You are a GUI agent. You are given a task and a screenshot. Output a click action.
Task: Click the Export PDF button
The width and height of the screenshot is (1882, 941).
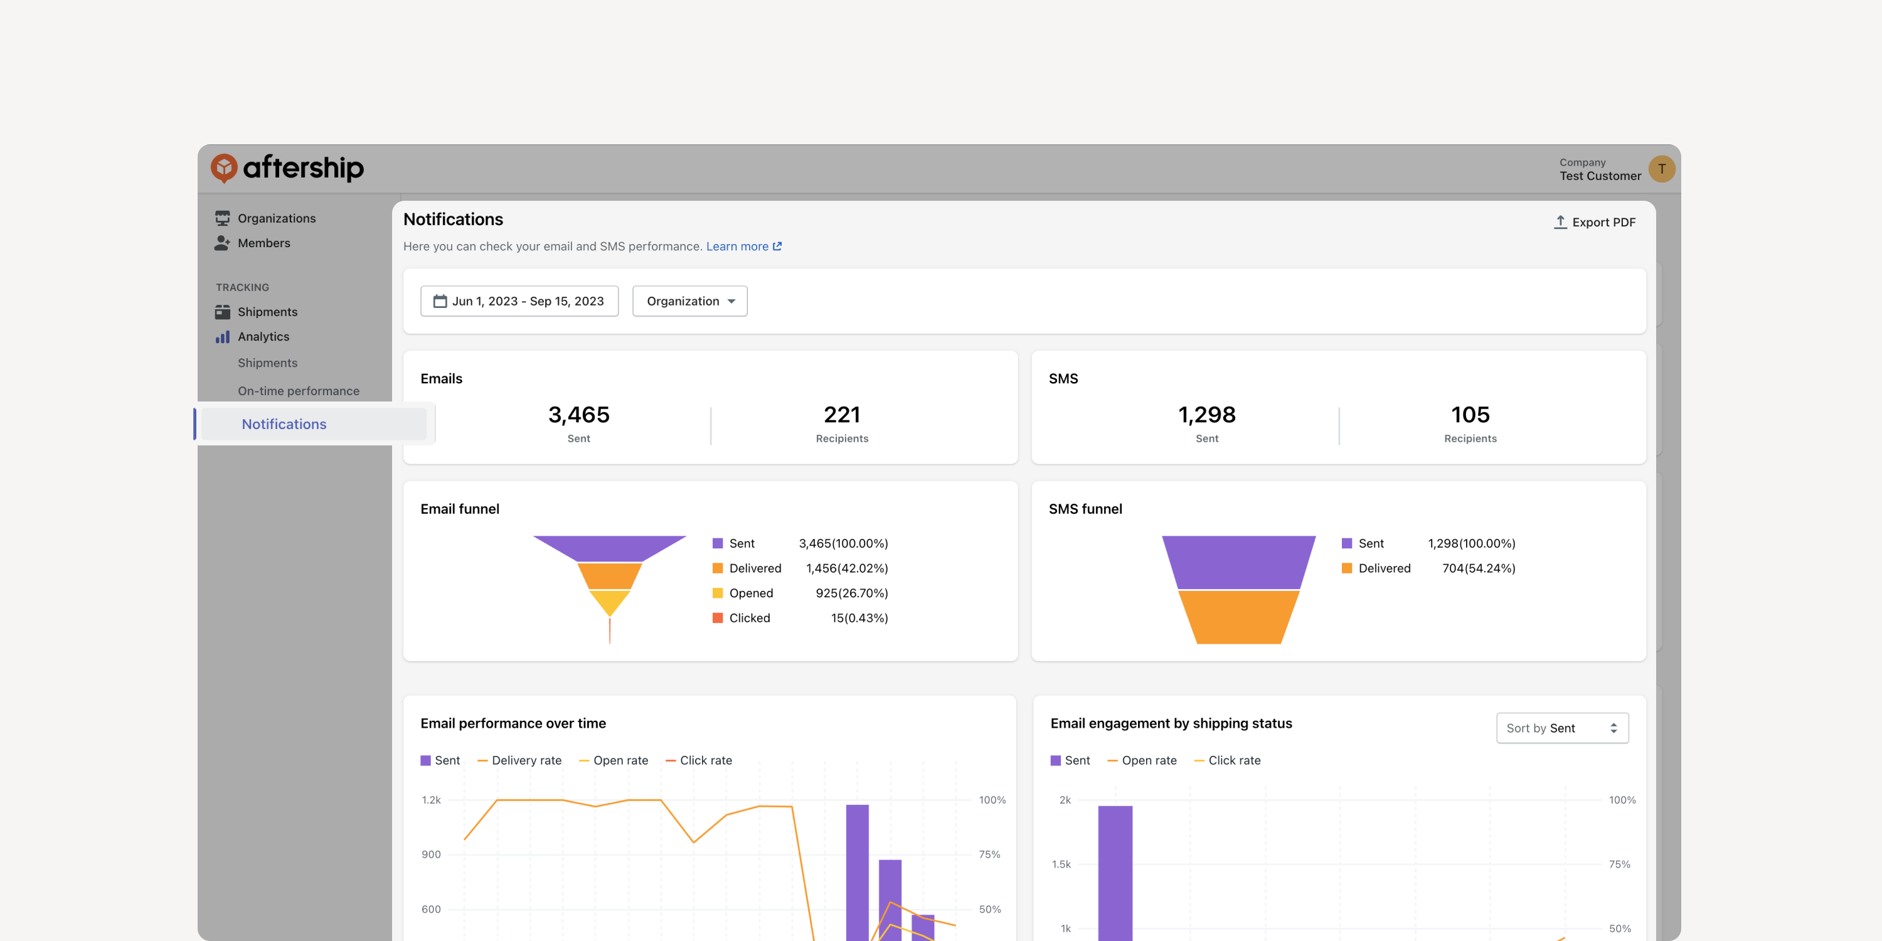pos(1594,222)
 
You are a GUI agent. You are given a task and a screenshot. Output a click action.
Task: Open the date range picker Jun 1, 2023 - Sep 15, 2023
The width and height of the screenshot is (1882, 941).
pos(519,301)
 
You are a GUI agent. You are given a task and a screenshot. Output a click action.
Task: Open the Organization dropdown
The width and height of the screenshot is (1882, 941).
pos(689,301)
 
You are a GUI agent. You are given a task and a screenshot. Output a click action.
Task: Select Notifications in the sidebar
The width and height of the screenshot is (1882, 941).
pos(284,423)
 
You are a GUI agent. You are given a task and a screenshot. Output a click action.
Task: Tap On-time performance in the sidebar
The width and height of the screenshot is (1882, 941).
pos(298,391)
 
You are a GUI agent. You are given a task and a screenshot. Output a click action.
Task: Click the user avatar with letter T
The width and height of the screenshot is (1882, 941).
pos(1661,169)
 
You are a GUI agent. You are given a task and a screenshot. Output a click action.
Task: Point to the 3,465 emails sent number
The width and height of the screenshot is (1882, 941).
pos(578,415)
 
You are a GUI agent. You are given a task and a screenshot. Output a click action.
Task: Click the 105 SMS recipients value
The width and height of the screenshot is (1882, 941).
pos(1470,415)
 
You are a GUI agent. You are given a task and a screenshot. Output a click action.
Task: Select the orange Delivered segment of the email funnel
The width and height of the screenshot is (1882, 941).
pos(609,576)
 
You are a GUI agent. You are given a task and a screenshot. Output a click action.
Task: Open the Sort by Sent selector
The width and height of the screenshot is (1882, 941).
pos(1562,728)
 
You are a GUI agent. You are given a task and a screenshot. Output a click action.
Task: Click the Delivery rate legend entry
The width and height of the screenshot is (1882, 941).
pos(519,760)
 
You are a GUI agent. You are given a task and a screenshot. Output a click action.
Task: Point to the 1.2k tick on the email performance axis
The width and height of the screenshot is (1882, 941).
pos(431,800)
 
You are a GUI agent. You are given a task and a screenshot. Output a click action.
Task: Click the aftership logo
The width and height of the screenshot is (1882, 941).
pos(287,168)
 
